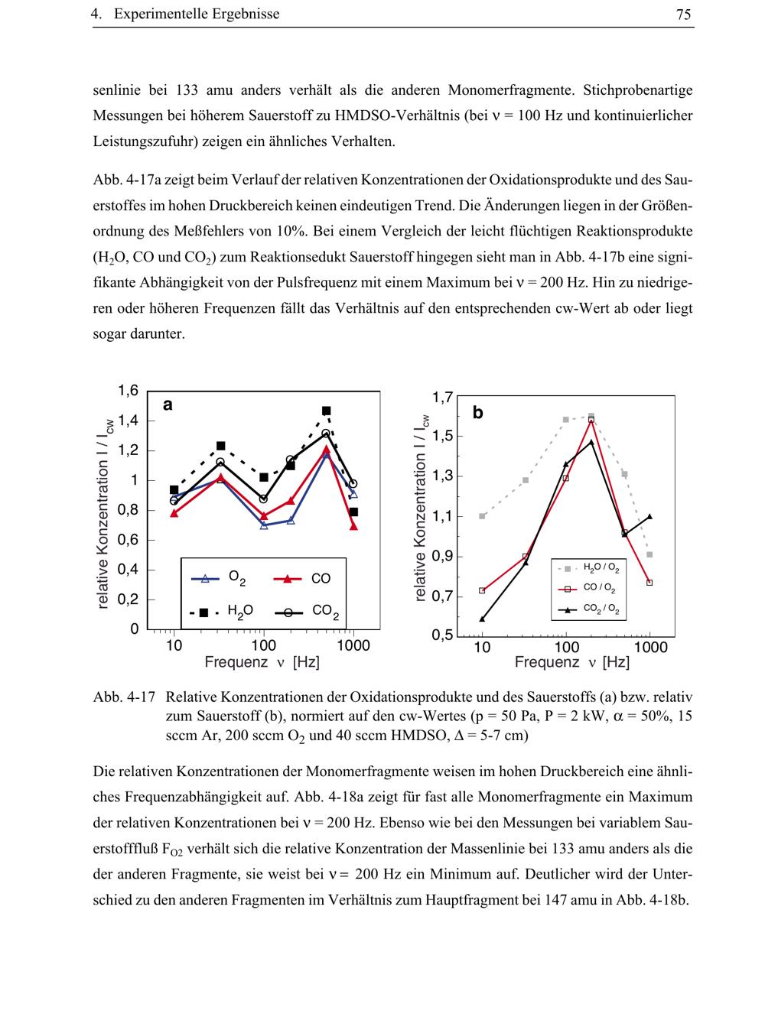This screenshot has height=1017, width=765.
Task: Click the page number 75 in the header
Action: click(684, 14)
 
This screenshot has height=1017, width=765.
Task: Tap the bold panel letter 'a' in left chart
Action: click(168, 405)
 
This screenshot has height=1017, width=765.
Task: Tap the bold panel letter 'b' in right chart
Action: click(478, 413)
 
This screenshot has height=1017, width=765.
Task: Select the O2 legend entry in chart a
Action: click(219, 579)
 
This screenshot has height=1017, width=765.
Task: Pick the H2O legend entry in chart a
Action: click(222, 611)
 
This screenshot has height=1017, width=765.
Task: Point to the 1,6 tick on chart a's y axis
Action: click(128, 391)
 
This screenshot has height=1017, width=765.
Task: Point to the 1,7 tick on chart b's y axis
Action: click(443, 397)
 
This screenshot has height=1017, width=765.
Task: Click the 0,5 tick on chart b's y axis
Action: click(443, 635)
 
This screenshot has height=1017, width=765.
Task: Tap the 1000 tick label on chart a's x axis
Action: click(353, 646)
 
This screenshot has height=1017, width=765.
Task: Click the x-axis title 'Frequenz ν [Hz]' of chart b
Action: click(571, 663)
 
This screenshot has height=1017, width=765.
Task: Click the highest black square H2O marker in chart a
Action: click(326, 411)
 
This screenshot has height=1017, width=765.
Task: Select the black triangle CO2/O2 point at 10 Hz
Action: click(482, 619)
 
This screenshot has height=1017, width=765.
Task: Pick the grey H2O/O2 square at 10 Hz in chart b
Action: click(482, 516)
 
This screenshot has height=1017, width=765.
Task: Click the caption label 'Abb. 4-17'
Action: click(124, 697)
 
